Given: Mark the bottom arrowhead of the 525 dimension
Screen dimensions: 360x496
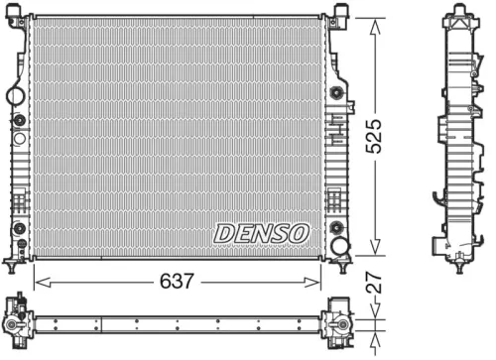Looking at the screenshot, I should [x=374, y=253].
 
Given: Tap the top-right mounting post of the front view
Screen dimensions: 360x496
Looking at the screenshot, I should [x=340, y=12].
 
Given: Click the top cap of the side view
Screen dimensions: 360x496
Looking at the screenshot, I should [x=459, y=12].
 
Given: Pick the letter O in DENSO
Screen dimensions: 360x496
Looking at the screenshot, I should [x=298, y=233].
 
